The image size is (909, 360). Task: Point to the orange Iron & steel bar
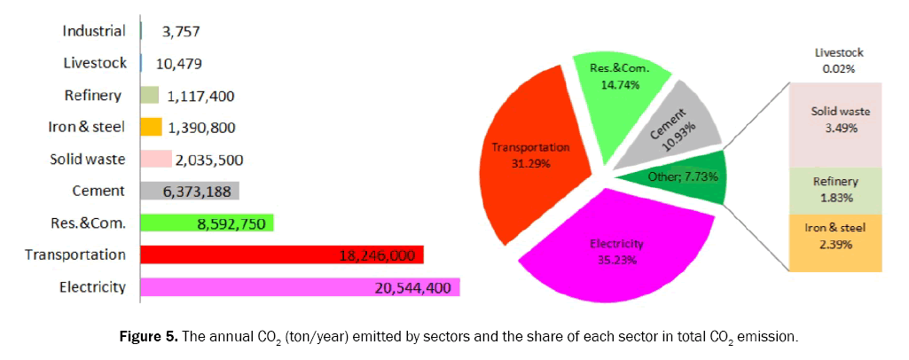coord(151,127)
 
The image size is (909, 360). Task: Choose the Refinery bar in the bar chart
coord(149,95)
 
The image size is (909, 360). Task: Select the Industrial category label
coord(93,31)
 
